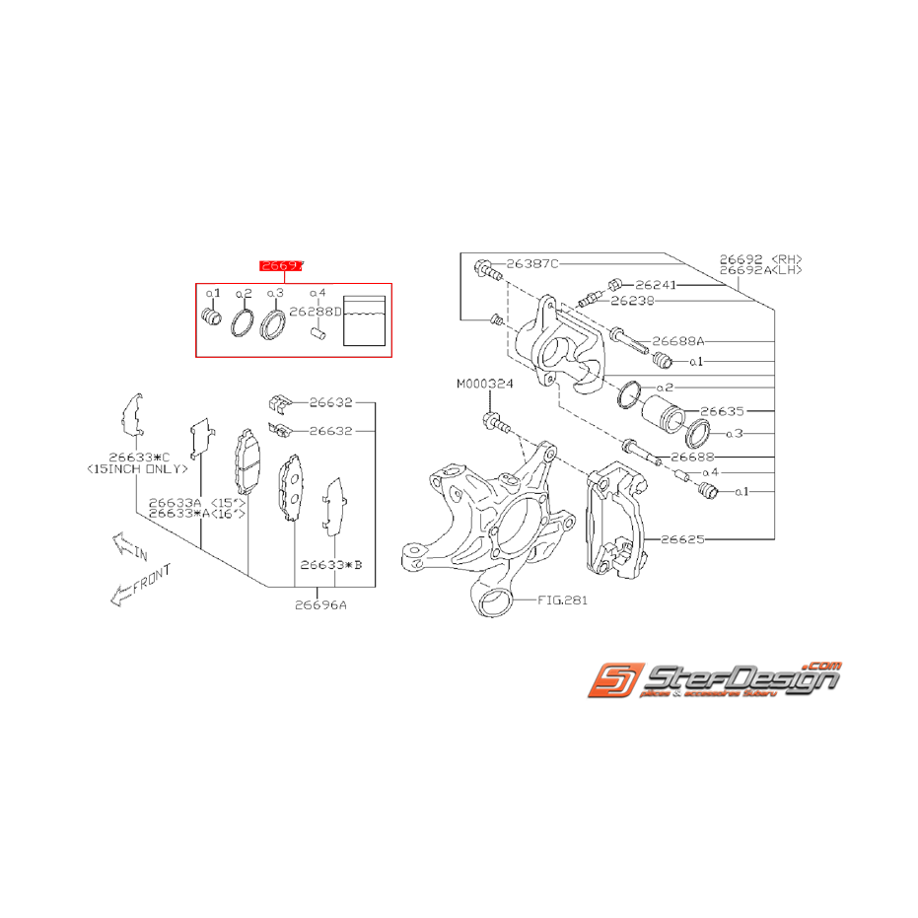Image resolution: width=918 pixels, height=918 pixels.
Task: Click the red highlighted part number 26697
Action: [x=281, y=265]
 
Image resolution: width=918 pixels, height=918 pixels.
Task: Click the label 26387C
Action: [x=532, y=264]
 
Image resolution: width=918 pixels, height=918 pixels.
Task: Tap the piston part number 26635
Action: [x=721, y=410]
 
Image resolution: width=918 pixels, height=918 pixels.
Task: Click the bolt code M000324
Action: [x=484, y=384]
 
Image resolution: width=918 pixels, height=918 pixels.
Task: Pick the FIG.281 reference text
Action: [x=563, y=599]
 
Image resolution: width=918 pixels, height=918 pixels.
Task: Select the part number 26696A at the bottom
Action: [x=319, y=605]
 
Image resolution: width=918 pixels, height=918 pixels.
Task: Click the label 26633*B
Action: [x=331, y=565]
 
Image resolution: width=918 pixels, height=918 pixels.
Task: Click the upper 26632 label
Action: [x=329, y=402]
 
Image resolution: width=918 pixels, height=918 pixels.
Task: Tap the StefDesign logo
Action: [x=714, y=679]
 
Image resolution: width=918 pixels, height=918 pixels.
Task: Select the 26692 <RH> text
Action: [x=759, y=257]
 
